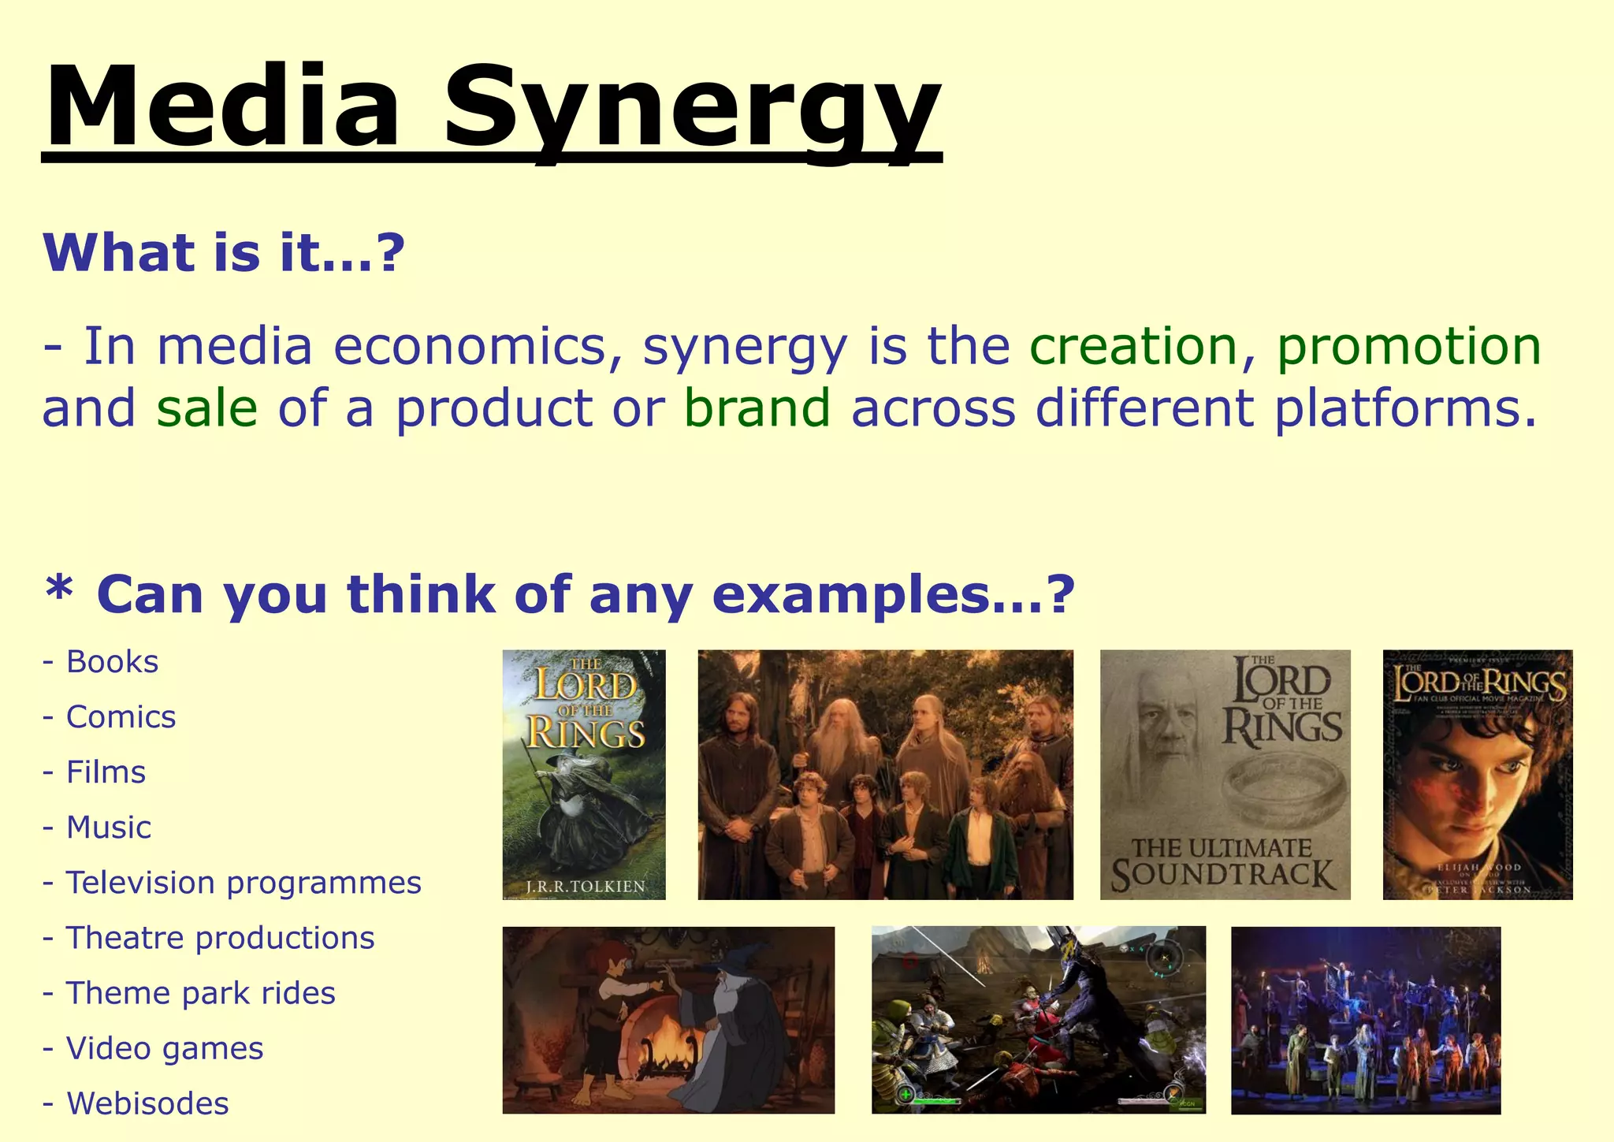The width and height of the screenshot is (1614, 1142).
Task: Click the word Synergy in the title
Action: click(x=692, y=110)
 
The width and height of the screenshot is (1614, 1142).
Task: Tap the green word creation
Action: click(x=1133, y=347)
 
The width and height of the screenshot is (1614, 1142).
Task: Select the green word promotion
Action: click(x=1408, y=347)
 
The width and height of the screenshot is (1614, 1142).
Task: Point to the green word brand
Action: click(x=757, y=408)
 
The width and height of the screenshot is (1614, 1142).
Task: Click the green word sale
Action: click(x=207, y=408)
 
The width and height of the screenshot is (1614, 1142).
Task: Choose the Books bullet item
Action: click(x=112, y=662)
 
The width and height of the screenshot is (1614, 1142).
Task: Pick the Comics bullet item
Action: click(x=121, y=717)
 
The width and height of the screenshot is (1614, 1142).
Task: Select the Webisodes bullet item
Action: click(x=147, y=1103)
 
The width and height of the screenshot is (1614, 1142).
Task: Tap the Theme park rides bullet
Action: click(x=200, y=993)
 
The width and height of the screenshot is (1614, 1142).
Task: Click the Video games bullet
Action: click(x=164, y=1048)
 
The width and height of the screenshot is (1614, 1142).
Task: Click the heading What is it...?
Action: click(x=224, y=253)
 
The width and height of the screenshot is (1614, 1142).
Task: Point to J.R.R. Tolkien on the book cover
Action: click(x=585, y=886)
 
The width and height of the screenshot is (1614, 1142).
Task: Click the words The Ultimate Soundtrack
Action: click(x=1223, y=863)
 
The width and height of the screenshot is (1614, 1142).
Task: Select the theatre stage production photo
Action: click(x=1365, y=1020)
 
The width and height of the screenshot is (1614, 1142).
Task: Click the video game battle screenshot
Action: click(x=1038, y=1020)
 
